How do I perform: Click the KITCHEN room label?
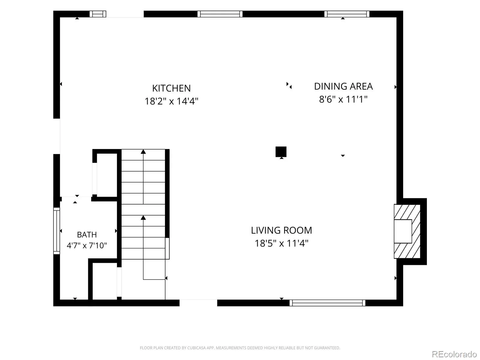click(x=171, y=88)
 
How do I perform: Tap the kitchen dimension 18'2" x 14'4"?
click(x=171, y=101)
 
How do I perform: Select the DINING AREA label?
click(x=343, y=86)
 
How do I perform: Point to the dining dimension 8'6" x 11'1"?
click(x=343, y=99)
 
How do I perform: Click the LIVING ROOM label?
click(x=281, y=230)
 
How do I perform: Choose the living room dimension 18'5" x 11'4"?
click(x=281, y=243)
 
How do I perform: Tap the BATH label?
click(x=87, y=235)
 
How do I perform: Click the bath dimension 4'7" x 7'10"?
click(x=87, y=245)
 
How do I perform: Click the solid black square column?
click(x=281, y=152)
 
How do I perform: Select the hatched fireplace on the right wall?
click(x=407, y=231)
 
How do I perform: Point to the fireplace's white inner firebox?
click(x=403, y=231)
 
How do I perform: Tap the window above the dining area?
click(x=347, y=14)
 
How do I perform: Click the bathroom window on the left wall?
click(x=57, y=231)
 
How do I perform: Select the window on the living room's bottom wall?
click(x=327, y=303)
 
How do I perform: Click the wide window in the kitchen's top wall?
click(x=220, y=14)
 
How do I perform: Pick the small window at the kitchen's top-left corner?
click(x=98, y=14)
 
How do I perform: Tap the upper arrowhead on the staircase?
click(x=143, y=151)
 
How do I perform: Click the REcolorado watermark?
click(x=454, y=354)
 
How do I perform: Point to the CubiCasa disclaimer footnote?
click(x=240, y=348)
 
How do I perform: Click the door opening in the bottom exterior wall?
click(x=198, y=303)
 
